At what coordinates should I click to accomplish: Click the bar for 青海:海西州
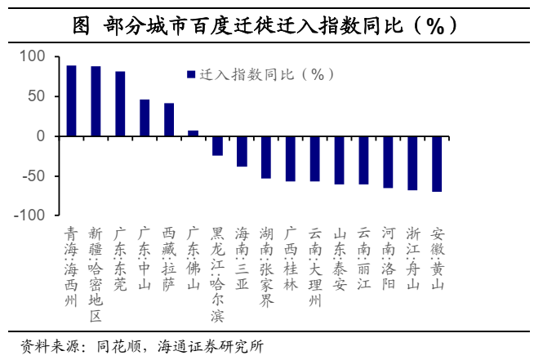click(72, 100)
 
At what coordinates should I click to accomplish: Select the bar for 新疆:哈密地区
click(96, 101)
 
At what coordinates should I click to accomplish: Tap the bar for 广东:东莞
click(120, 104)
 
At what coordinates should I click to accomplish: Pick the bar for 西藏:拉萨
click(169, 119)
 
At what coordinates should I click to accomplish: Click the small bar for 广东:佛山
click(194, 133)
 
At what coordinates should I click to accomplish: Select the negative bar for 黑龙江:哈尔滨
click(218, 145)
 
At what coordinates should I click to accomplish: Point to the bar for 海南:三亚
click(242, 151)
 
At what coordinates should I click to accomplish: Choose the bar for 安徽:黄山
click(437, 163)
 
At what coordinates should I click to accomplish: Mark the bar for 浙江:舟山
click(412, 162)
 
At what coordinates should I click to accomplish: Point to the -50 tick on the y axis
click(30, 176)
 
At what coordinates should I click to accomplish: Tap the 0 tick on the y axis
click(39, 136)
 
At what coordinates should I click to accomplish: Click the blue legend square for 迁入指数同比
click(190, 74)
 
